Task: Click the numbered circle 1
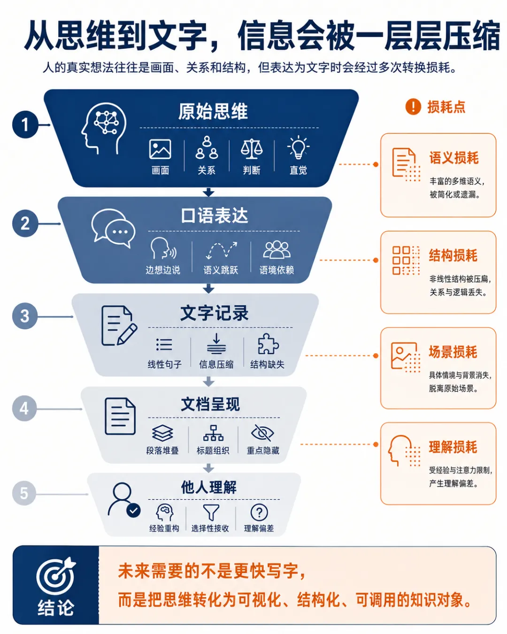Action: pyautogui.click(x=25, y=124)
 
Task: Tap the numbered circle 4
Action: pyautogui.click(x=24, y=408)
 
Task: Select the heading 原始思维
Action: pyautogui.click(x=213, y=111)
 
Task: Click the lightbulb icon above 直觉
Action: pyautogui.click(x=298, y=147)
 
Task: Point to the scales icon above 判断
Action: pyautogui.click(x=252, y=148)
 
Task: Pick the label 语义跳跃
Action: pyautogui.click(x=221, y=270)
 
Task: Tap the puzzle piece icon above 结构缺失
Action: pyautogui.click(x=268, y=344)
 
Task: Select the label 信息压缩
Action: pyautogui.click(x=216, y=364)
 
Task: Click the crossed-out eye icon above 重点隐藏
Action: pyautogui.click(x=262, y=433)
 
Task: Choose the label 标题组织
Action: pyautogui.click(x=213, y=450)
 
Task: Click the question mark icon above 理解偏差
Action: pyautogui.click(x=259, y=512)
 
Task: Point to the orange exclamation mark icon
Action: pyautogui.click(x=413, y=106)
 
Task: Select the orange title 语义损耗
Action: pyautogui.click(x=453, y=158)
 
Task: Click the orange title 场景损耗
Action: pyautogui.click(x=453, y=352)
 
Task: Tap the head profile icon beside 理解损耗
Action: pyautogui.click(x=400, y=451)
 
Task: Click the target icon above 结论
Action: pyautogui.click(x=56, y=575)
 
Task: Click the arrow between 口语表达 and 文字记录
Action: pyautogui.click(x=208, y=288)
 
